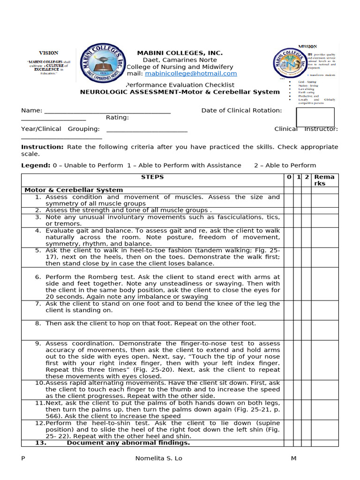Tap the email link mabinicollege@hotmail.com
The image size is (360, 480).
(191, 74)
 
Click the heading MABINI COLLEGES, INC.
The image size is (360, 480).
(180, 53)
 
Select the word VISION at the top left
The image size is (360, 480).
(49, 53)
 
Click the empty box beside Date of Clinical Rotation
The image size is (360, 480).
(315, 117)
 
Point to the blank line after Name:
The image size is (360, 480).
(107, 111)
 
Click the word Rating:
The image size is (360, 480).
(117, 118)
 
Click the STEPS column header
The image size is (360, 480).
(152, 177)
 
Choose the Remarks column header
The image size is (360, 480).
(324, 180)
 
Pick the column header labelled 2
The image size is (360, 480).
(306, 177)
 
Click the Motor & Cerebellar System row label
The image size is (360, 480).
(74, 190)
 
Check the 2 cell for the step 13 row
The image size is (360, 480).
(306, 443)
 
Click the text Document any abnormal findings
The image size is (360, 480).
(128, 443)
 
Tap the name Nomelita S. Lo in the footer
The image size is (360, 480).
(158, 458)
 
